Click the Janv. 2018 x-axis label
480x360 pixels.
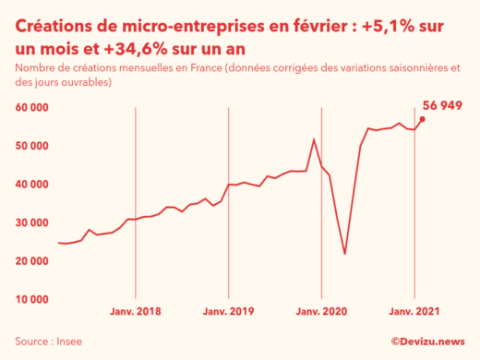pos(136,311)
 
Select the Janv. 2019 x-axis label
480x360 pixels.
pos(228,311)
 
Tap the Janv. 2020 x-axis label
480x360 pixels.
pos(321,311)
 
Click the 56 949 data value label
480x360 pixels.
pos(442,105)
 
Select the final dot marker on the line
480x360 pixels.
pos(422,119)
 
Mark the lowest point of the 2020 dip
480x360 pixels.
pos(344,254)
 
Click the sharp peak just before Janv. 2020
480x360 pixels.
pos(314,139)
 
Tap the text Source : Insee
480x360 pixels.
pos(48,342)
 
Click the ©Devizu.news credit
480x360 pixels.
pos(427,342)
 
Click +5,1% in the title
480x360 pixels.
pos(388,22)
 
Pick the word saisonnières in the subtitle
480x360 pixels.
pos(410,67)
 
